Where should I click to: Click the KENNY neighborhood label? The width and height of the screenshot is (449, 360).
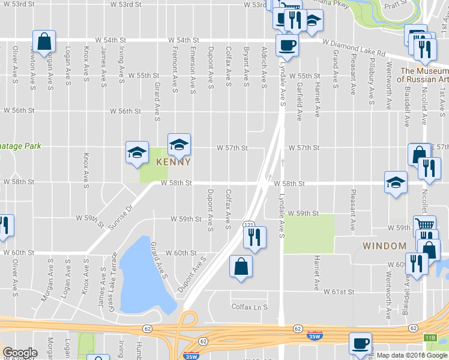click(173, 162)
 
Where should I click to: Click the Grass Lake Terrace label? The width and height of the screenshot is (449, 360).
click(112, 282)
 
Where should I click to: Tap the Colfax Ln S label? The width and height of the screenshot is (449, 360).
click(249, 307)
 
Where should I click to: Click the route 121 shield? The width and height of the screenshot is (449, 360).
click(249, 224)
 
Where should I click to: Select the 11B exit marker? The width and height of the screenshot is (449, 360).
click(430, 338)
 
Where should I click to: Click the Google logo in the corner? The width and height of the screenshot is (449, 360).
click(20, 352)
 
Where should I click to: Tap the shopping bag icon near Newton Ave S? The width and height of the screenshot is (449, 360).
click(44, 42)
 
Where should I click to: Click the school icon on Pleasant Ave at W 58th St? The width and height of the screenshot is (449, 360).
click(396, 183)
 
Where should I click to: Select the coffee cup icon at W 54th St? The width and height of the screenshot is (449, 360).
click(287, 45)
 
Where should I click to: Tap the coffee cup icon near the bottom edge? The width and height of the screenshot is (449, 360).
click(361, 344)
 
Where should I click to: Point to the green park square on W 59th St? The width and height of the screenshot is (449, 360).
click(309, 233)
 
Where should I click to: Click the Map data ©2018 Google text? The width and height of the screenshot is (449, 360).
click(412, 355)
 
